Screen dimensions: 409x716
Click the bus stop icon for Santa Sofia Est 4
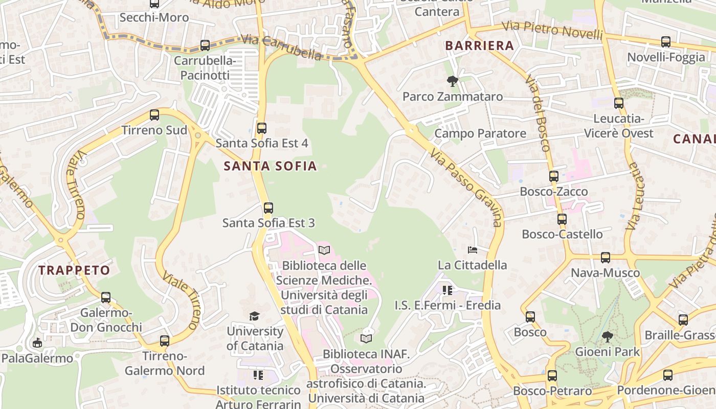click(x=262, y=128)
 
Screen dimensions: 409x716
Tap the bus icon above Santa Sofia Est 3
click(x=268, y=208)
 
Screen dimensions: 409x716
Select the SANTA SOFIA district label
click(x=270, y=166)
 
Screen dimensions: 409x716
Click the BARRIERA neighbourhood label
click(x=479, y=46)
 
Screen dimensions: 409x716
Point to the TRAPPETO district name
click(x=74, y=270)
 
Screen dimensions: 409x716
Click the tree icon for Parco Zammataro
click(x=452, y=81)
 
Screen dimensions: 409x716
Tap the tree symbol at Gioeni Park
click(x=608, y=336)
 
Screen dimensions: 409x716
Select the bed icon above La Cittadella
click(x=473, y=250)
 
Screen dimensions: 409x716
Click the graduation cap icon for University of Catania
click(x=254, y=316)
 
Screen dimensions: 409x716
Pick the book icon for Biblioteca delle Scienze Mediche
click(x=324, y=250)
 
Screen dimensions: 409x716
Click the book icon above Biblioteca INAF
click(x=366, y=338)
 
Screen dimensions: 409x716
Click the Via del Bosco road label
click(x=537, y=113)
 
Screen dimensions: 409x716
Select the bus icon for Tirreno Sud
click(x=154, y=115)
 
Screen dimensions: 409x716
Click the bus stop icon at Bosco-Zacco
click(x=554, y=177)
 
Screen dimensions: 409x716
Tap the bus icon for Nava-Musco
click(x=606, y=258)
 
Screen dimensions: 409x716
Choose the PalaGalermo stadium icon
click(x=37, y=343)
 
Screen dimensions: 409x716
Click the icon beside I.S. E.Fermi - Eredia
click(x=447, y=290)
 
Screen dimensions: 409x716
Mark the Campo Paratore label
click(x=480, y=133)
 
